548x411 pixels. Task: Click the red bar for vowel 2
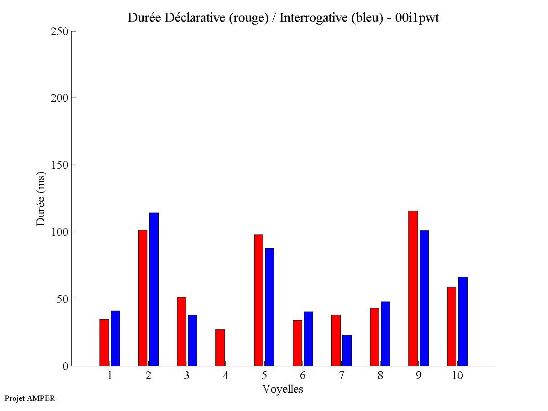[x=143, y=298]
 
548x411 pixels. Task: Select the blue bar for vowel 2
[x=154, y=289]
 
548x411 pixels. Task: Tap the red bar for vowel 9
[x=413, y=288]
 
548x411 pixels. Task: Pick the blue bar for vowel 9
[x=424, y=298]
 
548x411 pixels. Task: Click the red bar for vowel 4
[x=220, y=348]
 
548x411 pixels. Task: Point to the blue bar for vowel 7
[x=347, y=350]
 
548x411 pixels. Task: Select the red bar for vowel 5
[x=259, y=300]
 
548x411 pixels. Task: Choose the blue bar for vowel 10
[x=463, y=321]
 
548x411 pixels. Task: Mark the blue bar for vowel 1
[x=115, y=338]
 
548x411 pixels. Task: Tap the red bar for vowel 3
[x=182, y=331]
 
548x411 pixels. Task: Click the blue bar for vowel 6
[x=308, y=338]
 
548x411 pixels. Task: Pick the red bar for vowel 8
[x=375, y=337]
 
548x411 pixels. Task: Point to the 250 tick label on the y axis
[x=60, y=31]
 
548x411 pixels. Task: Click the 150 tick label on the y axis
[x=60, y=165]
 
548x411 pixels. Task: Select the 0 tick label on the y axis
[x=65, y=366]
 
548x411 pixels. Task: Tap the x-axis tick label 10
[x=457, y=376]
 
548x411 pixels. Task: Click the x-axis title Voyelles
[x=283, y=389]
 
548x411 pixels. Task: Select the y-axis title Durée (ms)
[x=41, y=198]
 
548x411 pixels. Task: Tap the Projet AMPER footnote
[x=30, y=398]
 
